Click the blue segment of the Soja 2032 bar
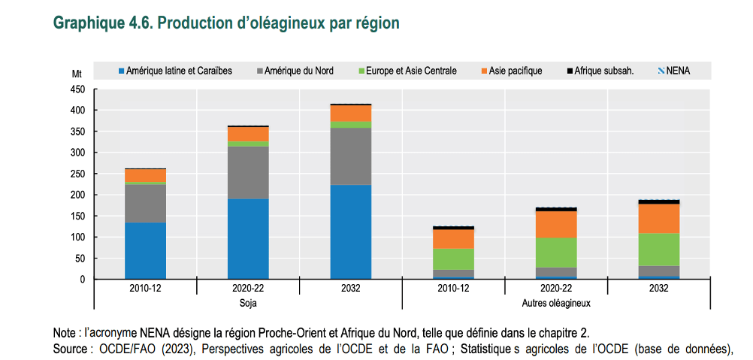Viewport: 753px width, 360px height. coord(351,231)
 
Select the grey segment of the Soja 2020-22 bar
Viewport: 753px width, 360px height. coord(248,172)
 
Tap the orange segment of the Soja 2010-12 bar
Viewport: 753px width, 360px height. coord(145,175)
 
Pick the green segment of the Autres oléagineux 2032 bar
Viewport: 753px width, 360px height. coord(659,249)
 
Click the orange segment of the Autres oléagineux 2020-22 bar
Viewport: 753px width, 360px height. coord(556,224)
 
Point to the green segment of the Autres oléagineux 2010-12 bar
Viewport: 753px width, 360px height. coord(453,259)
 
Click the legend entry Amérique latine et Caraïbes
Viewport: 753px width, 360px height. coord(174,71)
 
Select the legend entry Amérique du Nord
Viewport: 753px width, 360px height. coord(294,71)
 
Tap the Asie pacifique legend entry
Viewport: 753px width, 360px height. coord(510,71)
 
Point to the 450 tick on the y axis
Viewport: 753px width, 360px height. coord(77,89)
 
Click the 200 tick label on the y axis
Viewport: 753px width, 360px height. coord(77,195)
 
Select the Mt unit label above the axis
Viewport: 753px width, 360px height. coord(77,74)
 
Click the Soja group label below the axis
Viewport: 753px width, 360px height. coord(247,304)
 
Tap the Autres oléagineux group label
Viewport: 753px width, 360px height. coord(556,304)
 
